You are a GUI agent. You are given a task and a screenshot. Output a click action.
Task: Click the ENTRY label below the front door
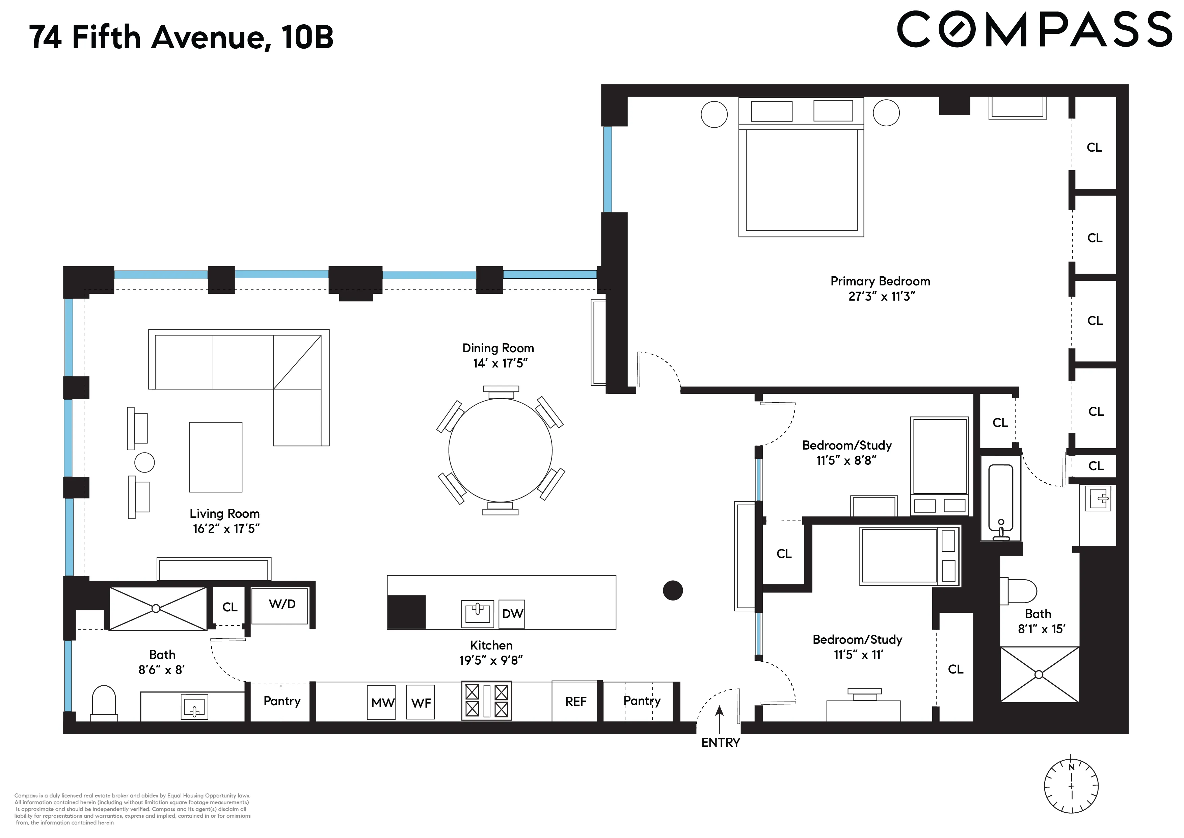click(720, 742)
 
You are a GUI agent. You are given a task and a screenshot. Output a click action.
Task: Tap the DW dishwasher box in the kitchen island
click(512, 613)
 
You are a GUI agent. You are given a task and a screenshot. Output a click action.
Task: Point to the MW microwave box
click(382, 702)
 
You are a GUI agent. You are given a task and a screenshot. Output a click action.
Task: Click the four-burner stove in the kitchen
click(487, 701)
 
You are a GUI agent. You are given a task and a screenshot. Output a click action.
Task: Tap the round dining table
click(500, 451)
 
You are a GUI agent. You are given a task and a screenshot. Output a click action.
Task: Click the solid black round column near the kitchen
click(672, 590)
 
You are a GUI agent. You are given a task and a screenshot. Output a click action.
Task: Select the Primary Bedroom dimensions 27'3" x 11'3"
click(881, 297)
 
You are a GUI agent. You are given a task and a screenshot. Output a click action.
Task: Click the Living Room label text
click(224, 513)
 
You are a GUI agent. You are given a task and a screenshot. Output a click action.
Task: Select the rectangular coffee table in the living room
click(216, 457)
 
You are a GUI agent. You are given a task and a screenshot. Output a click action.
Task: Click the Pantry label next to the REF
click(642, 701)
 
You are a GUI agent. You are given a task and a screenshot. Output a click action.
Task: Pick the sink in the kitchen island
click(478, 613)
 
